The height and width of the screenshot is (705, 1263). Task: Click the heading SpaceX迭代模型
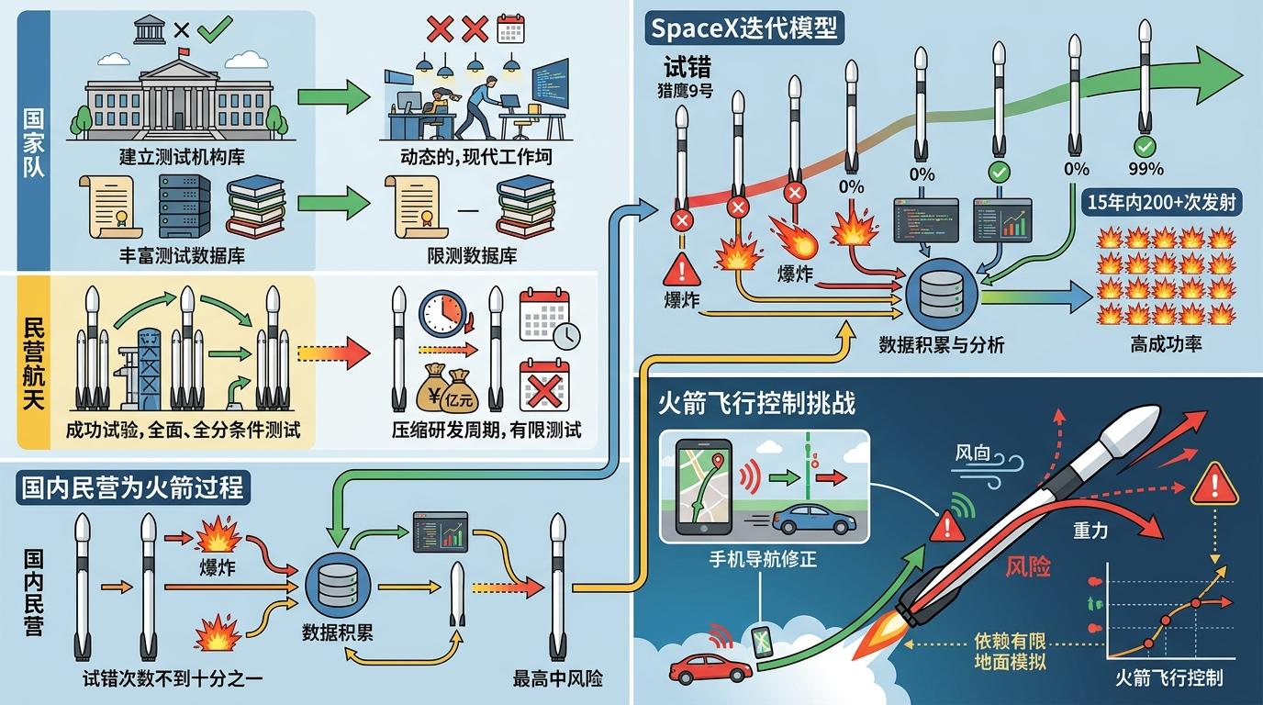tap(743, 28)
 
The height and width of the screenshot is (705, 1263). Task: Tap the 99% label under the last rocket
tap(1145, 169)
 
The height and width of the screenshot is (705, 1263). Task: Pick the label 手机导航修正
tap(764, 555)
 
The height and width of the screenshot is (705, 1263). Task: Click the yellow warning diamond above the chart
tap(1213, 484)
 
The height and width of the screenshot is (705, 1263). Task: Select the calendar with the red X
tap(545, 385)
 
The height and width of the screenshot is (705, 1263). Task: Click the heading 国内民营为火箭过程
tap(133, 487)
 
